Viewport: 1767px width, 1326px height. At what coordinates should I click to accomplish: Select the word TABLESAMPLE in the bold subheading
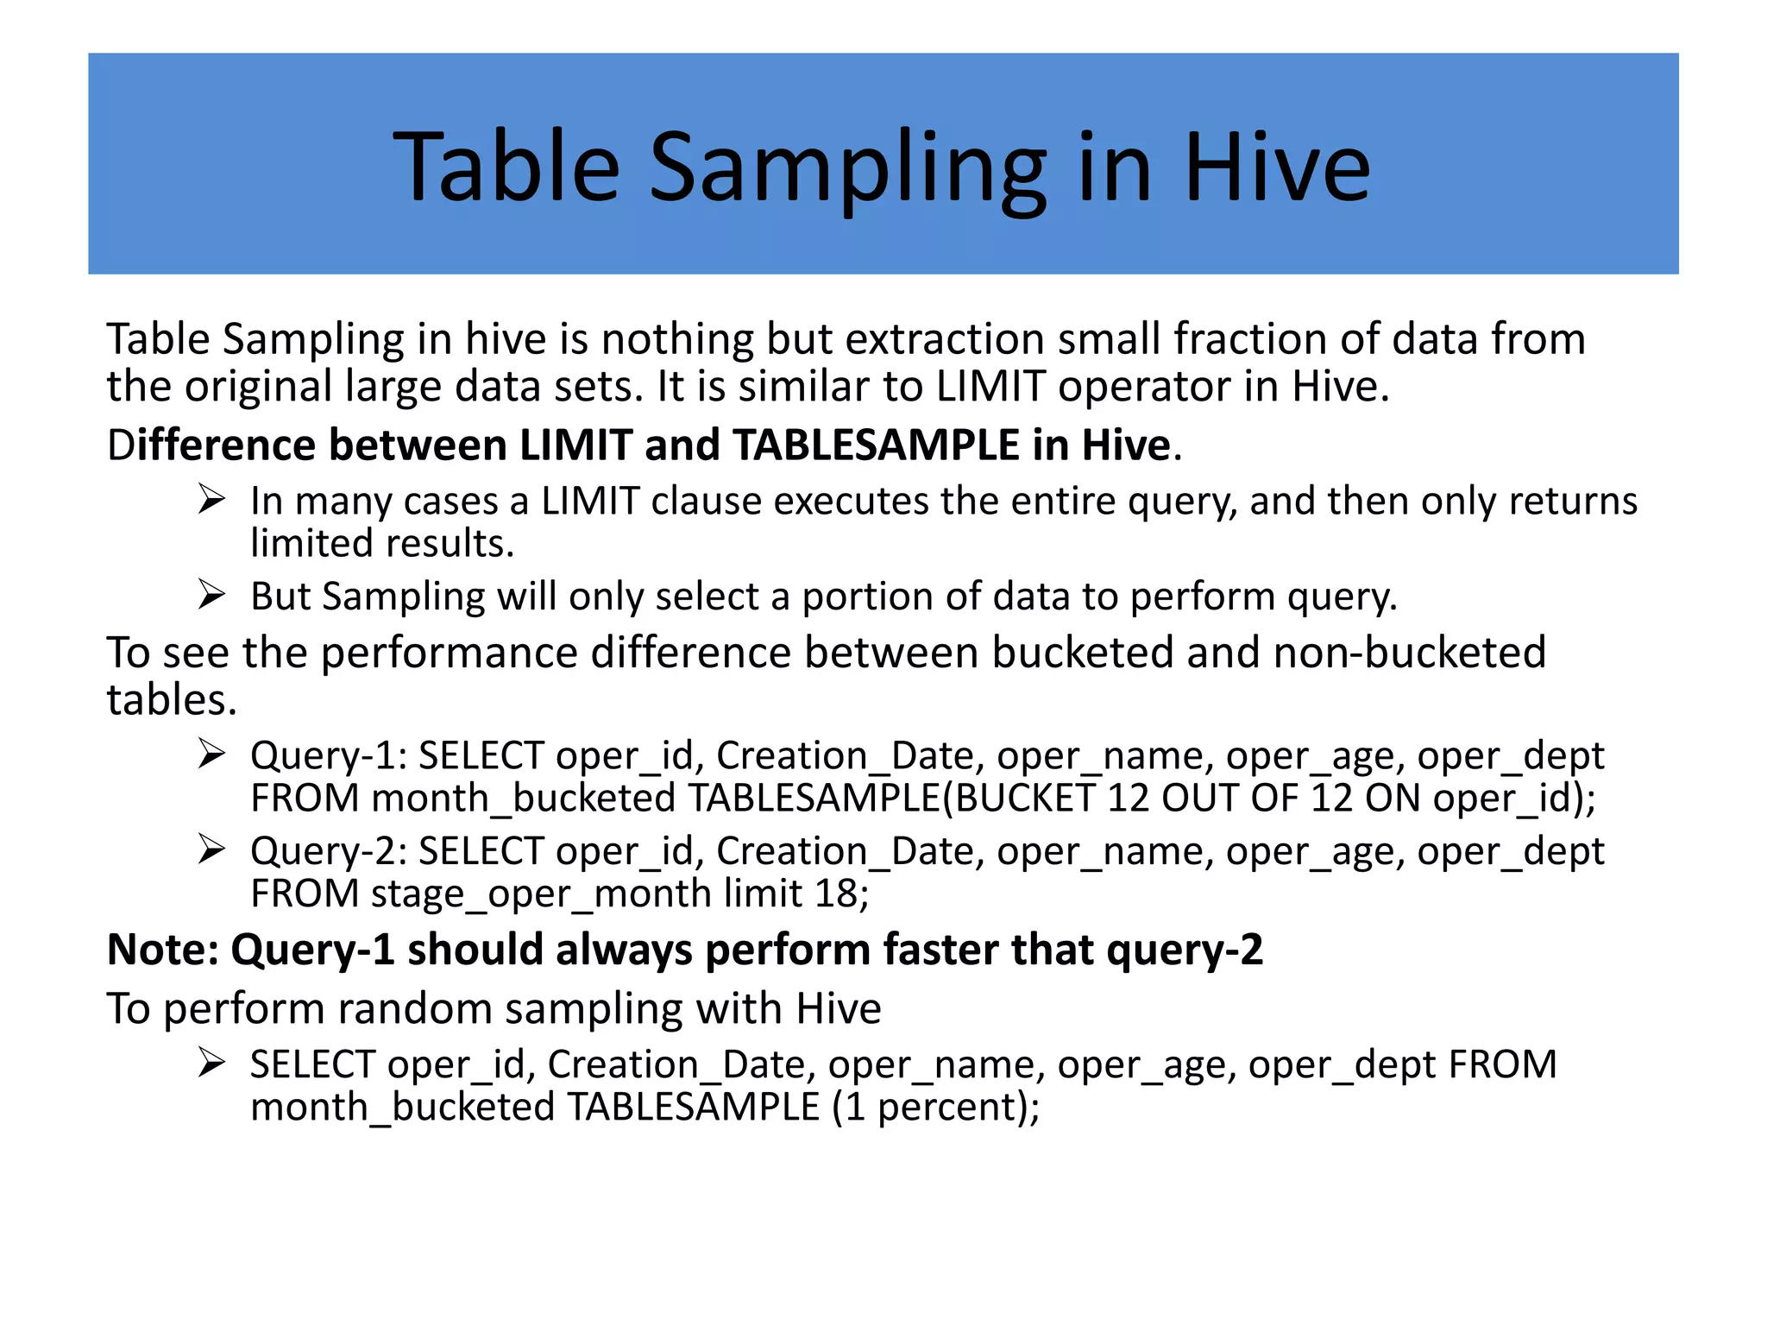click(877, 445)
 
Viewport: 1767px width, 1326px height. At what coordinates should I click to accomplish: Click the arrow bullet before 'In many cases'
click(211, 500)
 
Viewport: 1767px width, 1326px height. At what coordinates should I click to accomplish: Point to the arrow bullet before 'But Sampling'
click(211, 596)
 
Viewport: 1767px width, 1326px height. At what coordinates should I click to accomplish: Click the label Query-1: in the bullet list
click(328, 756)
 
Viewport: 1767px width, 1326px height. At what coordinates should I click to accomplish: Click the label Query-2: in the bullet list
click(328, 851)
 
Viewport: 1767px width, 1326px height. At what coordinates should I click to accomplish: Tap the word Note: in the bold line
click(163, 950)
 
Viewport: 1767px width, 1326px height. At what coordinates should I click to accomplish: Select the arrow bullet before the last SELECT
click(211, 1063)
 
